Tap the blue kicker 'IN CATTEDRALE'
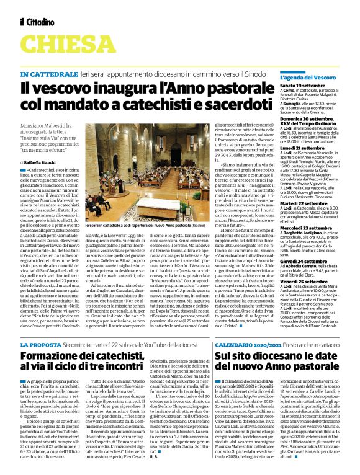point(47,74)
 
